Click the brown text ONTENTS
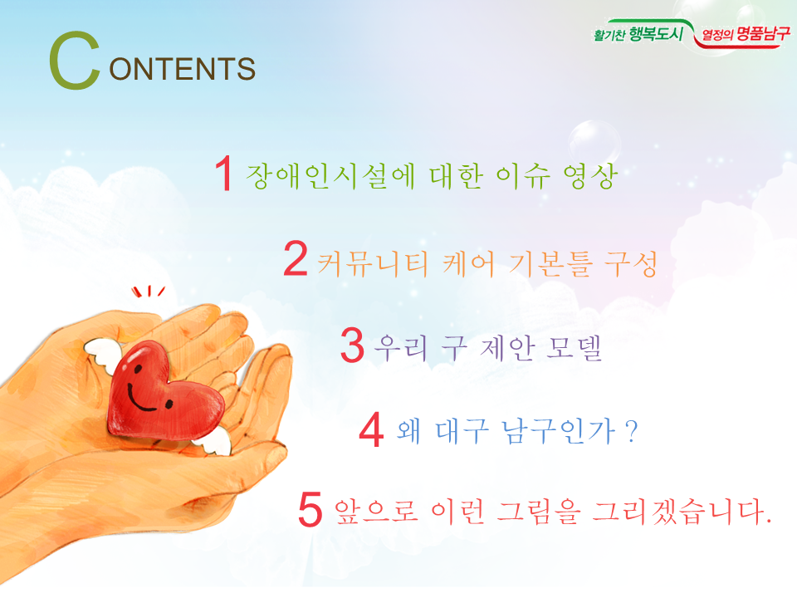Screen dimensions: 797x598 point(182,69)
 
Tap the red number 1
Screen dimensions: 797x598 point(224,174)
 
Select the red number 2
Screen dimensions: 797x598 point(296,257)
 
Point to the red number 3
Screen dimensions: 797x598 point(352,345)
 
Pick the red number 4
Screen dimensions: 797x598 point(371,429)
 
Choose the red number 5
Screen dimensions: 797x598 point(310,509)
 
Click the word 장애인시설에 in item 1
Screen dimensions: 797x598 point(330,176)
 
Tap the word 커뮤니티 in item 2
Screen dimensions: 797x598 point(373,264)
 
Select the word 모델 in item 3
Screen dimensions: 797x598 point(574,348)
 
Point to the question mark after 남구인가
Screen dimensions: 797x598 point(632,432)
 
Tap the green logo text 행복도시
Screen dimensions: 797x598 point(656,34)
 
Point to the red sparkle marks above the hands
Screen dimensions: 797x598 point(148,291)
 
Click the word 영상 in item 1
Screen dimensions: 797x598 point(590,176)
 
